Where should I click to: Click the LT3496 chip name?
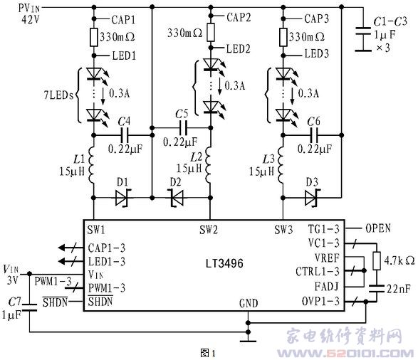[x=224, y=263]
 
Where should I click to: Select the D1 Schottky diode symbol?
[x=122, y=198]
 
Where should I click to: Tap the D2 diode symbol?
[x=177, y=198]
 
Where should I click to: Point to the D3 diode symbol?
[x=312, y=198]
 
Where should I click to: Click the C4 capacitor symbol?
[x=125, y=135]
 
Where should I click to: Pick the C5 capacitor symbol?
[x=184, y=128]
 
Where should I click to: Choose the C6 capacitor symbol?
[x=314, y=135]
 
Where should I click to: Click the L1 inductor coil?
[x=91, y=164]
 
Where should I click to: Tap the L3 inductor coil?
[x=281, y=164]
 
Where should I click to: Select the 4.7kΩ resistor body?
[x=377, y=260]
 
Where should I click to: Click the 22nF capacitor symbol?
[x=377, y=289]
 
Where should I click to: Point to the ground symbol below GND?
[x=248, y=341]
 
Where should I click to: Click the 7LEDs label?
[x=58, y=95]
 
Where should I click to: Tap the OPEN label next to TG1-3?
[x=377, y=228]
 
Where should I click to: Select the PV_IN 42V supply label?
[x=29, y=14]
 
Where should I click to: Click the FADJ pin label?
[x=326, y=287]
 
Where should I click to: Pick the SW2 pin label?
[x=209, y=230]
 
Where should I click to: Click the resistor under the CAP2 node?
[x=211, y=32]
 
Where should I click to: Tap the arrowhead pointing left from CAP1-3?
[x=61, y=248]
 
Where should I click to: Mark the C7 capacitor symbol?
[x=29, y=307]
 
